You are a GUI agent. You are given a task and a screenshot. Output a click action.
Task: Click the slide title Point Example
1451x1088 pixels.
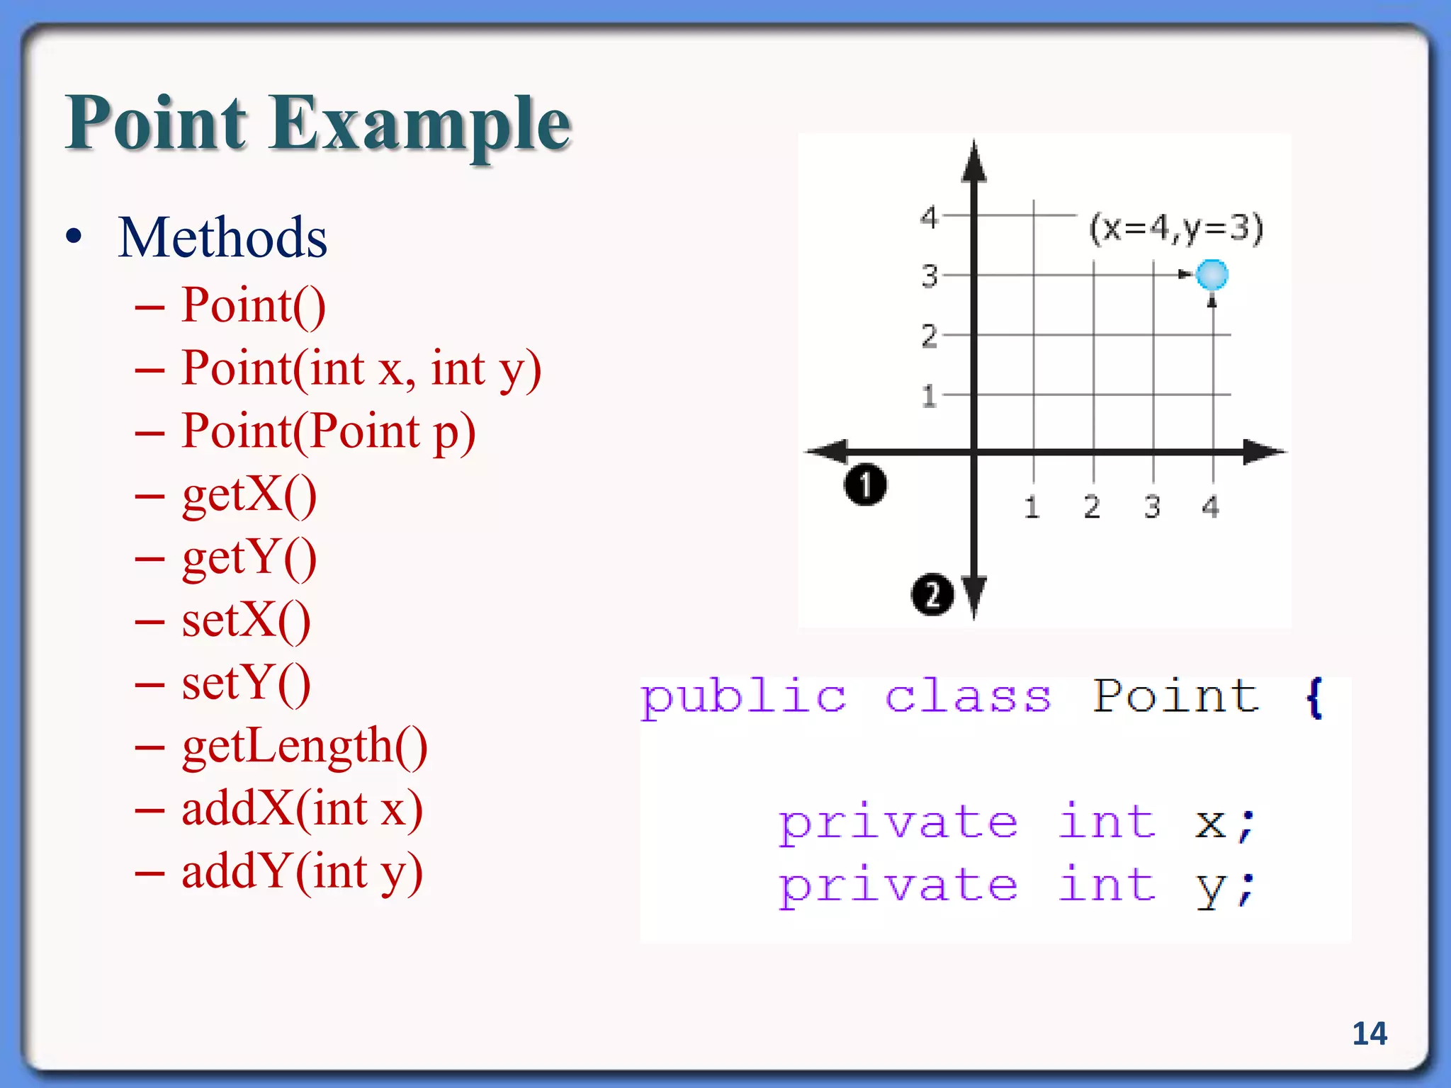click(x=318, y=123)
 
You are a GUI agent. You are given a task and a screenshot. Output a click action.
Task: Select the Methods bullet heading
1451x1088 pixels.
click(x=222, y=237)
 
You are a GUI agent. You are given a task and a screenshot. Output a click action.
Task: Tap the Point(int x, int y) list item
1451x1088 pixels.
click(x=361, y=368)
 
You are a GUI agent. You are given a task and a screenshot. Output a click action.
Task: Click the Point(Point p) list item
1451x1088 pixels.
click(x=328, y=431)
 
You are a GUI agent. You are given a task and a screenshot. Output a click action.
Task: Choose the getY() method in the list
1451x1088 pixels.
click(x=249, y=557)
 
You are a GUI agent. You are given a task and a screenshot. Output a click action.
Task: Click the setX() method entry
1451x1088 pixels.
click(x=246, y=620)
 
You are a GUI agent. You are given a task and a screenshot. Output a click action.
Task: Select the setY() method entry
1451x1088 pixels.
click(x=246, y=684)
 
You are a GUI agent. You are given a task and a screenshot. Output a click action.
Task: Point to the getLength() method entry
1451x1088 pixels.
click(x=305, y=747)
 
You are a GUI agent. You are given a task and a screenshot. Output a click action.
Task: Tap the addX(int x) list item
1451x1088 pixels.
click(x=302, y=809)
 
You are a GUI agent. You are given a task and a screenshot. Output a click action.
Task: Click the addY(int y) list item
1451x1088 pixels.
click(x=302, y=872)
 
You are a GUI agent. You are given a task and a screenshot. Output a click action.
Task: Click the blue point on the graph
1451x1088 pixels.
click(x=1212, y=275)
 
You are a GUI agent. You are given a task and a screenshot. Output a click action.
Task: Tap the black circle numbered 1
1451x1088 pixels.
click(x=865, y=485)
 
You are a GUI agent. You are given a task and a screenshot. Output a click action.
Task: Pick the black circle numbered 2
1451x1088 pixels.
click(x=932, y=594)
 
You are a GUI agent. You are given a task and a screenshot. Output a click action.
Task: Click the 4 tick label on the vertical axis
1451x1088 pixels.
click(x=928, y=216)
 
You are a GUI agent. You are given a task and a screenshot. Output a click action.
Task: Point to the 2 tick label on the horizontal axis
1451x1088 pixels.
click(x=1092, y=506)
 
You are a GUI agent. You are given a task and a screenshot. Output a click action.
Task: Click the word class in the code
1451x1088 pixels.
click(x=968, y=697)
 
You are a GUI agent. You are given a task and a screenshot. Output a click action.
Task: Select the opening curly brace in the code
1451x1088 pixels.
click(x=1314, y=697)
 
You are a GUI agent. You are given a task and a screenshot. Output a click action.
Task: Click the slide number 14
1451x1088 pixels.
click(x=1370, y=1033)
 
